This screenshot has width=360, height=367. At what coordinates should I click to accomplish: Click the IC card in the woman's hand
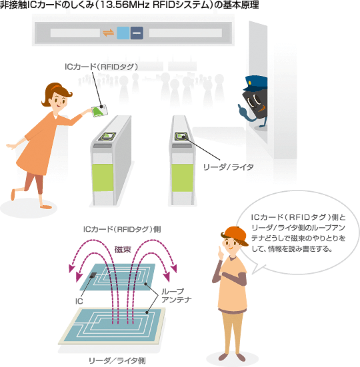pos(100,111)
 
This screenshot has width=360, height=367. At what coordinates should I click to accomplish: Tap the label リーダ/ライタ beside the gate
pos(229,167)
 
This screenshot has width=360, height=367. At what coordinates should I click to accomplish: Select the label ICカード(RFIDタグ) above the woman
pos(101,67)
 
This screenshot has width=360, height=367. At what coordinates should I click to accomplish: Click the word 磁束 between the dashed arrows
pos(123,250)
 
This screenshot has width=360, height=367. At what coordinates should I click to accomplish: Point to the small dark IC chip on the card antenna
pos(93,275)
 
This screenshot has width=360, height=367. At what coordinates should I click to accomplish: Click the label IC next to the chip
pos(79,301)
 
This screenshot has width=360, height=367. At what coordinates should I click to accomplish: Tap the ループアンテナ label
pos(176,296)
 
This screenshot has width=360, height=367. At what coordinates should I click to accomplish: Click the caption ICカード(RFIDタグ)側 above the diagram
pos(122,229)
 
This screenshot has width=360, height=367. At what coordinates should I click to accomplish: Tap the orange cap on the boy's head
pos(235,234)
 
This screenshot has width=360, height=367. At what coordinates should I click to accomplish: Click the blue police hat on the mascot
pos(256,83)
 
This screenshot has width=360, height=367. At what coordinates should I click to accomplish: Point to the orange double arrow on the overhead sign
pos(109,33)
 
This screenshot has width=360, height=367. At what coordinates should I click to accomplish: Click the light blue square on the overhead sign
pos(123,33)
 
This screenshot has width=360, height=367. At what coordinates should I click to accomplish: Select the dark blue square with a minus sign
pos(137,33)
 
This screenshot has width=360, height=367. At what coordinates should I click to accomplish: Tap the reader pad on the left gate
pos(107,137)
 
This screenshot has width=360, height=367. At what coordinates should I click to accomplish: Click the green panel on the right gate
pos(183,178)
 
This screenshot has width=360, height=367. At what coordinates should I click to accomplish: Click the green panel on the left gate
pos(103,178)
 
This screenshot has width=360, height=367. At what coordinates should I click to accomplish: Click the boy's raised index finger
pos(220,250)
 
